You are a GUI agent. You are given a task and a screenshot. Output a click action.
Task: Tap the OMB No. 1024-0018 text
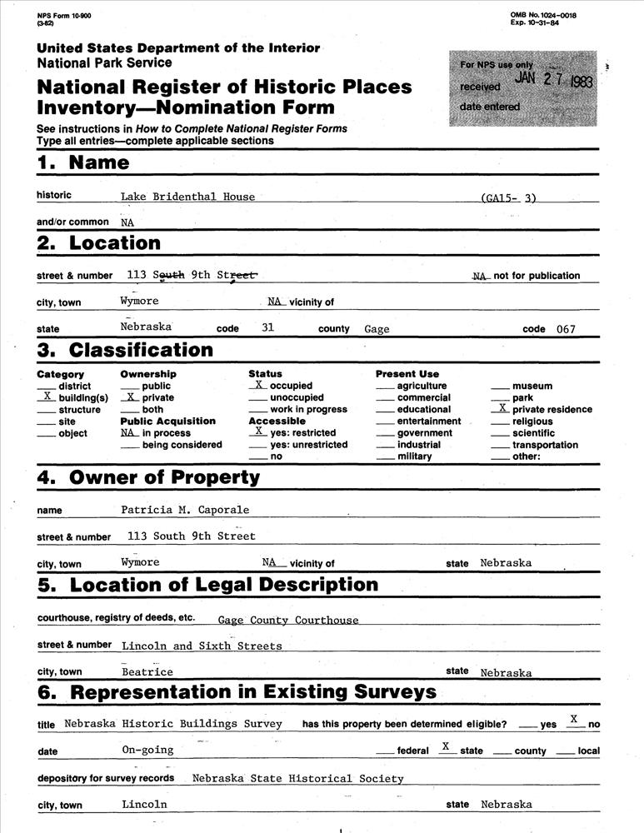[542, 15]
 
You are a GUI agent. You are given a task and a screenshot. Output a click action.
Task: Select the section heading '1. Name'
[83, 162]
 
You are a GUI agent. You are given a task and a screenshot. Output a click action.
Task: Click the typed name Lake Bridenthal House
[187, 197]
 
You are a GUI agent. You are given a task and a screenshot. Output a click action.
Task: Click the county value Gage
[377, 329]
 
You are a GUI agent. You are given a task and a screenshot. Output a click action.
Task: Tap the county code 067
[566, 329]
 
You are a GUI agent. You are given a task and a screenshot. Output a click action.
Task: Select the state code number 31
[267, 327]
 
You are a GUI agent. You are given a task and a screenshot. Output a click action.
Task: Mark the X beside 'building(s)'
[47, 397]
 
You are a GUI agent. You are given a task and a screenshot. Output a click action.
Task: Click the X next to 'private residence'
[501, 408]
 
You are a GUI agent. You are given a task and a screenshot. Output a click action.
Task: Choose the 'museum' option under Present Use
[532, 386]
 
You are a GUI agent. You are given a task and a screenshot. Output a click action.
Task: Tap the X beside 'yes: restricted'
[259, 431]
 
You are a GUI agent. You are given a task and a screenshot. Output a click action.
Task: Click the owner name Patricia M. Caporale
[185, 510]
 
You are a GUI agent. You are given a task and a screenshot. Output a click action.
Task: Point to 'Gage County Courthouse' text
[288, 620]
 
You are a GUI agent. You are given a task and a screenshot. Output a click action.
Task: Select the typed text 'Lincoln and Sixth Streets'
[202, 646]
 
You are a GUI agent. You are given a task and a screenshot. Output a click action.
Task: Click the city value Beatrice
[147, 672]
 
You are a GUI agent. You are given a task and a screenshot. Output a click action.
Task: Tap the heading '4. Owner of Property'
[148, 477]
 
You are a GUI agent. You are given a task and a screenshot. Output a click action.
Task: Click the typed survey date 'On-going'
[147, 750]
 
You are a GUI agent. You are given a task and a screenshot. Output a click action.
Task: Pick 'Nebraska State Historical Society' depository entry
[297, 779]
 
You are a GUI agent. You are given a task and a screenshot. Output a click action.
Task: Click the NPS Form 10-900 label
[64, 16]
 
